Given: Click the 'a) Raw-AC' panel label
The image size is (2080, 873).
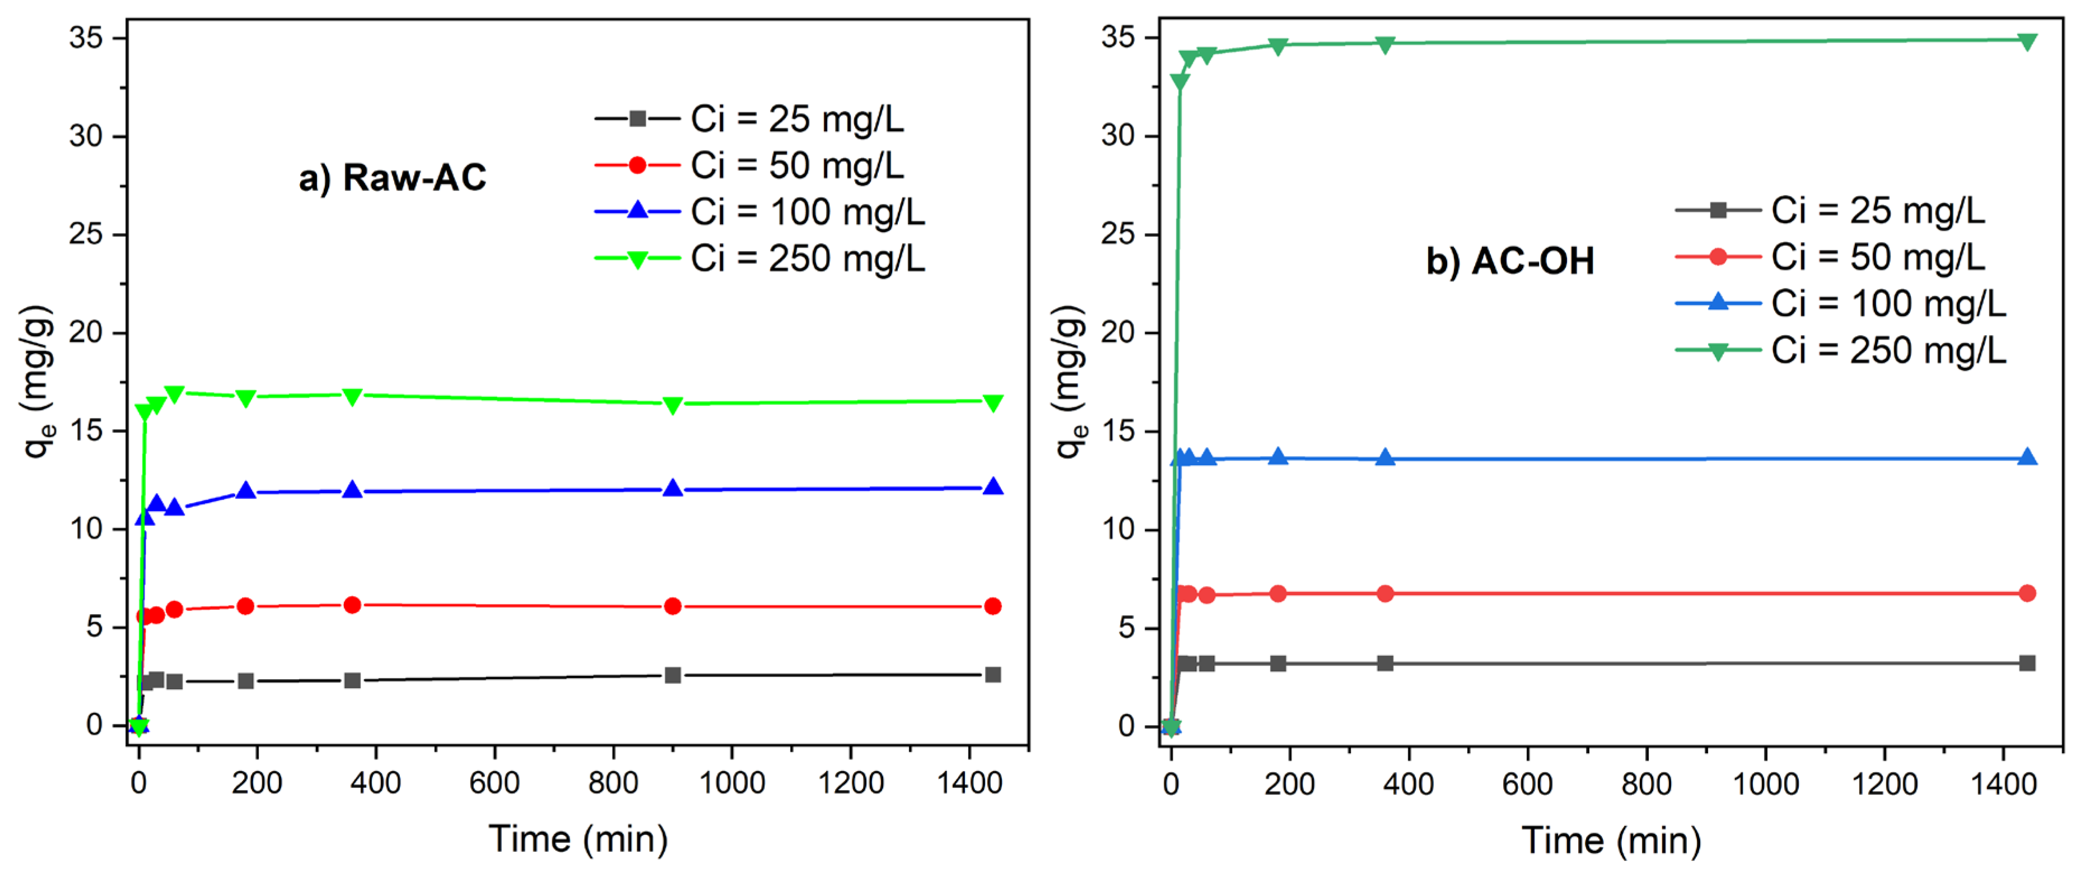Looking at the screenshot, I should tap(393, 178).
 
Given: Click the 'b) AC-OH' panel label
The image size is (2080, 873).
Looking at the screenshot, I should tap(1509, 262).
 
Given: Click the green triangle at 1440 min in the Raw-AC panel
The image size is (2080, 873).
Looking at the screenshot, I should tap(992, 402).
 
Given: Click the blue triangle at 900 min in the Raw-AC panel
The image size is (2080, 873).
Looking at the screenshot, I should tap(673, 488).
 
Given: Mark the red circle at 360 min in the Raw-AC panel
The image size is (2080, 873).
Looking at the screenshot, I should tap(352, 605).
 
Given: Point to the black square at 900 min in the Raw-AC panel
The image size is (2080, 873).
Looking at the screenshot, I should tap(673, 675).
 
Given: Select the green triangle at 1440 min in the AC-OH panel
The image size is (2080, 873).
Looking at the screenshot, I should tap(2027, 41).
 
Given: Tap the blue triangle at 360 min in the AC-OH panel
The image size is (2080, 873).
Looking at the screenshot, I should tap(1385, 457).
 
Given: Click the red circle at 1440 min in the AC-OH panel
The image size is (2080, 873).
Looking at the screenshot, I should tap(2027, 593).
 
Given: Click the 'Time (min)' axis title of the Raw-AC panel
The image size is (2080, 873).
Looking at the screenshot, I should tap(578, 839).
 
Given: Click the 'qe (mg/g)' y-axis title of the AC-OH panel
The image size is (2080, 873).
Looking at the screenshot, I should tap(1069, 381).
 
